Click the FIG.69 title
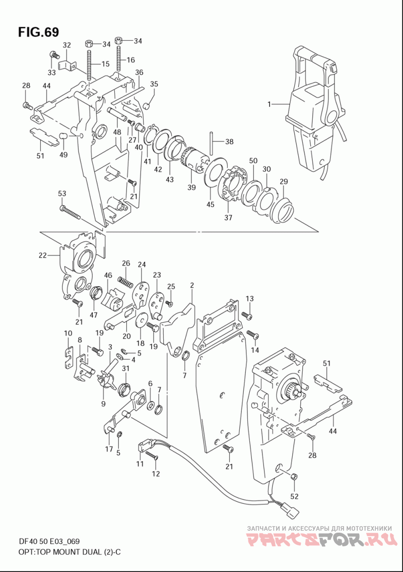point(38,32)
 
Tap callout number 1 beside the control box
point(269,104)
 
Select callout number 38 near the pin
point(229,141)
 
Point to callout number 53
point(62,193)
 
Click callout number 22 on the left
point(43,256)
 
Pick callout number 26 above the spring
point(126,263)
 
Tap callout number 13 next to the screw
point(249,298)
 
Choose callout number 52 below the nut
point(294,496)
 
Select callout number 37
point(228,217)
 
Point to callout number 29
point(284,181)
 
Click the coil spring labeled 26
point(125,281)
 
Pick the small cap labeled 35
point(147,106)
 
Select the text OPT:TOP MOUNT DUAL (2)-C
point(70,552)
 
